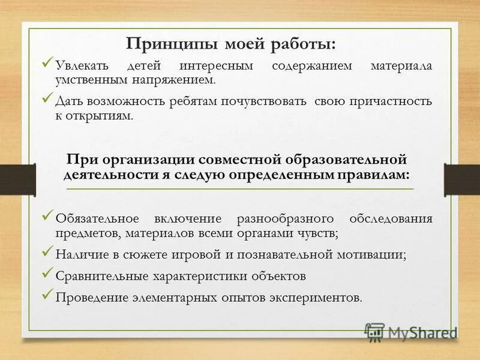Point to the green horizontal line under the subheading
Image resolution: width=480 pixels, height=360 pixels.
click(240, 189)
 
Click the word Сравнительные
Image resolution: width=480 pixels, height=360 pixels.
click(101, 276)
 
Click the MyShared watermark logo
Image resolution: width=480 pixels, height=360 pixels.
click(411, 332)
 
